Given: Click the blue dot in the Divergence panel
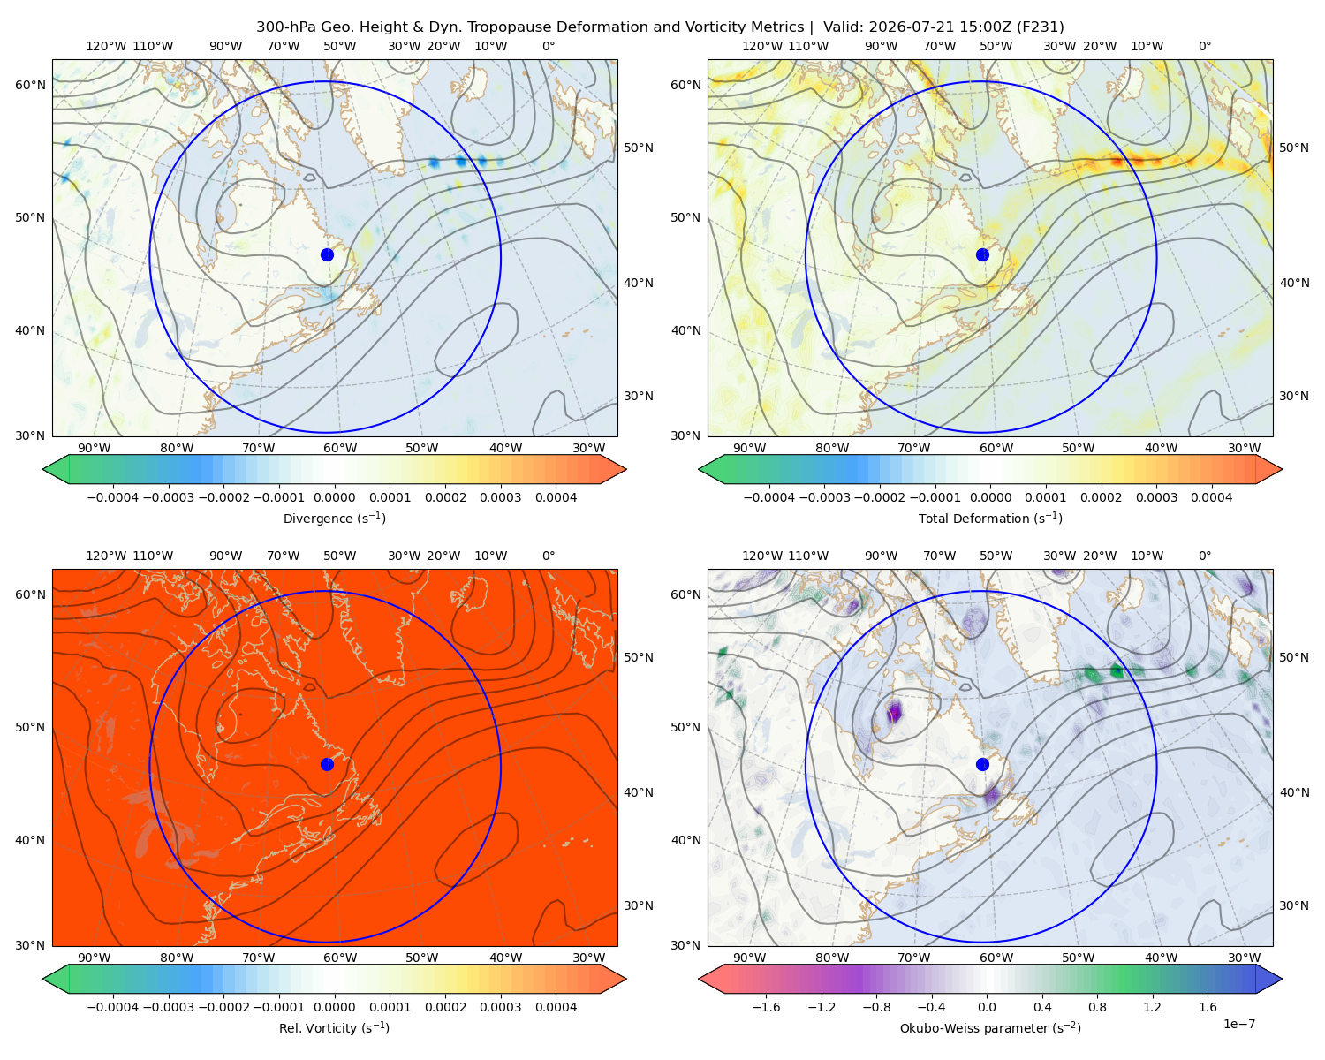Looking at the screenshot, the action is [327, 254].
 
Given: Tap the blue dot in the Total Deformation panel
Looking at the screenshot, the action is [982, 254].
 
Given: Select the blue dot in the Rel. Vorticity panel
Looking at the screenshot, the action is [327, 764].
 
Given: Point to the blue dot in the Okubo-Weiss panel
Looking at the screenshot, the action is [982, 764].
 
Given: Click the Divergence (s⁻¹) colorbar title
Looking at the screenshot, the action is [334, 518].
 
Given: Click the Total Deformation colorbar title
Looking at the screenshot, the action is [990, 518].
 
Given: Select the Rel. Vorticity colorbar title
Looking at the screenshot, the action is [334, 1027].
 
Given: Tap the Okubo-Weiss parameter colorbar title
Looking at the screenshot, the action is [990, 1027].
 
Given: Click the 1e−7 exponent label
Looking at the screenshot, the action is [1238, 1024].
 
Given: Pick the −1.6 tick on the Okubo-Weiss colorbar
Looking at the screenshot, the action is [766, 1007].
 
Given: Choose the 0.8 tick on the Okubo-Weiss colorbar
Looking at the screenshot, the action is [1097, 1007].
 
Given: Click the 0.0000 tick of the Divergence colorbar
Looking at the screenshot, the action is [334, 497].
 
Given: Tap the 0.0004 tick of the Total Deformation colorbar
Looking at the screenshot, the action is [1211, 497].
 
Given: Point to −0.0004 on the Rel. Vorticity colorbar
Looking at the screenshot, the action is [113, 1007].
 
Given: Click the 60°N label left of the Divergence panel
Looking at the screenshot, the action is [30, 85].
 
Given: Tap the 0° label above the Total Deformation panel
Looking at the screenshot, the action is [1204, 46].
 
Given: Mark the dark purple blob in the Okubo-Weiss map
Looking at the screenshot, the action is [894, 711].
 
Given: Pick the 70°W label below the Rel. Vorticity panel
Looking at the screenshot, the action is [258, 958].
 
